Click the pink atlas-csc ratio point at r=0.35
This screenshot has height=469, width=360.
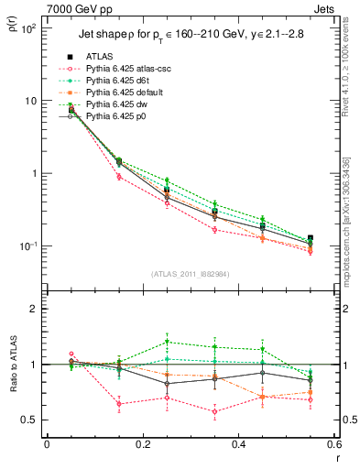pos(214,411)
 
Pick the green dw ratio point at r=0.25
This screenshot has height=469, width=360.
pos(167,343)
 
